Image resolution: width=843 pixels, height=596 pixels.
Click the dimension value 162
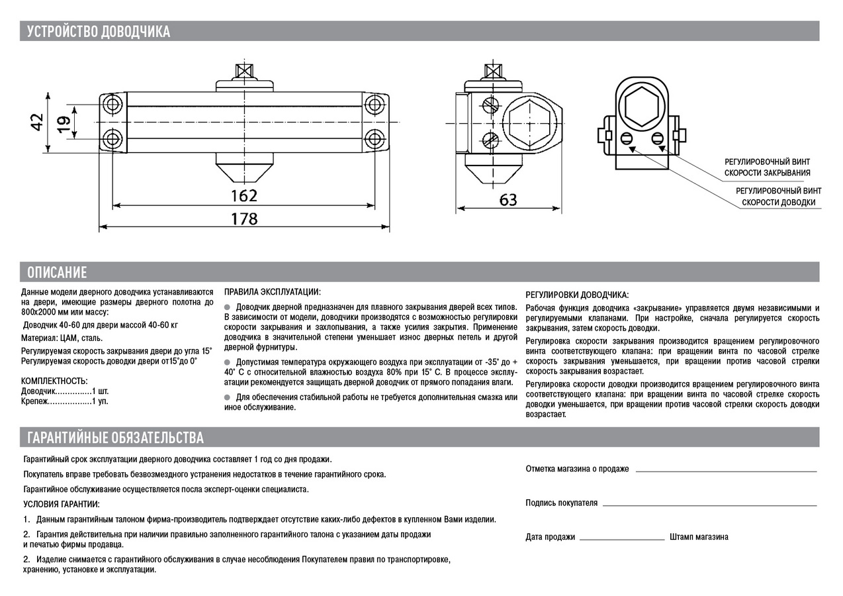tap(244, 195)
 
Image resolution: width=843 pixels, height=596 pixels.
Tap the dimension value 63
tap(508, 199)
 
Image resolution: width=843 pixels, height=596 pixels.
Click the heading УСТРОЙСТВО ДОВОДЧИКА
tap(99, 31)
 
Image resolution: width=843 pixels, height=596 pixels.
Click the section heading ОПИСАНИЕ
tap(58, 272)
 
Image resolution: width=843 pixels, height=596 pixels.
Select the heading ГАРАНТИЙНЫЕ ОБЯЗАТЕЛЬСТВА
tap(116, 438)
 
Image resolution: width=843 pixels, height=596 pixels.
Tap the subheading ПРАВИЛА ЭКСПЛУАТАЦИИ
tap(273, 292)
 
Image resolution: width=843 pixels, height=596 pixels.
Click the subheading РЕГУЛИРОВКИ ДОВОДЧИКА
tap(577, 295)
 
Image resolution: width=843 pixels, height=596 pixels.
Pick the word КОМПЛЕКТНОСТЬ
tap(54, 381)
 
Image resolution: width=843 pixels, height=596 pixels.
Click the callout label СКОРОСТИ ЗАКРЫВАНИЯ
tap(767, 173)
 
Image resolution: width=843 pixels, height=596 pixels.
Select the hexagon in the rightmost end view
tap(641, 105)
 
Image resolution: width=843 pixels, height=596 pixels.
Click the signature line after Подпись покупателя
tap(709, 505)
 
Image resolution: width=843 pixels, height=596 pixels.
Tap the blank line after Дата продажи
tap(622, 540)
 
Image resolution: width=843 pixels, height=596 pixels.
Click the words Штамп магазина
tap(699, 537)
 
